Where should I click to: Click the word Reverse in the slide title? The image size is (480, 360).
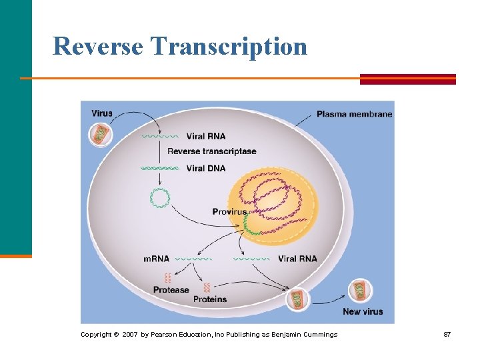pos(98,47)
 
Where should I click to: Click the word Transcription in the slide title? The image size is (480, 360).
pos(229,47)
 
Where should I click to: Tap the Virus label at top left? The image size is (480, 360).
pos(102,113)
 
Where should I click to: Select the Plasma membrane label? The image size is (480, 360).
pos(354,114)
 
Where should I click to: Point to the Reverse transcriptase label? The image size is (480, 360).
pos(211,151)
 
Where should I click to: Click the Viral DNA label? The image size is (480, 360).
pos(206,168)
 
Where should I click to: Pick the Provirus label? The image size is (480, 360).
pos(229,211)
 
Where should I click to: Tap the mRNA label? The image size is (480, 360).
pos(157,259)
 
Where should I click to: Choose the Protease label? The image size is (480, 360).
pos(171,290)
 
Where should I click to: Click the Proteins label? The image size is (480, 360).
pos(210,299)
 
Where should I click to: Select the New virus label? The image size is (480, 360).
pos(363,311)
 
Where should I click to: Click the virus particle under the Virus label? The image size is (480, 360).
pos(101,135)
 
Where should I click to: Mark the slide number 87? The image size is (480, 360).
pos(447,334)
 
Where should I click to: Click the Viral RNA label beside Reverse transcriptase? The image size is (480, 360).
pos(206,136)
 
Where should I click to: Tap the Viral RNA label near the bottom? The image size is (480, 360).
pos(297,259)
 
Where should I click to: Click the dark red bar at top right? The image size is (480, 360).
pos(408,79)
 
